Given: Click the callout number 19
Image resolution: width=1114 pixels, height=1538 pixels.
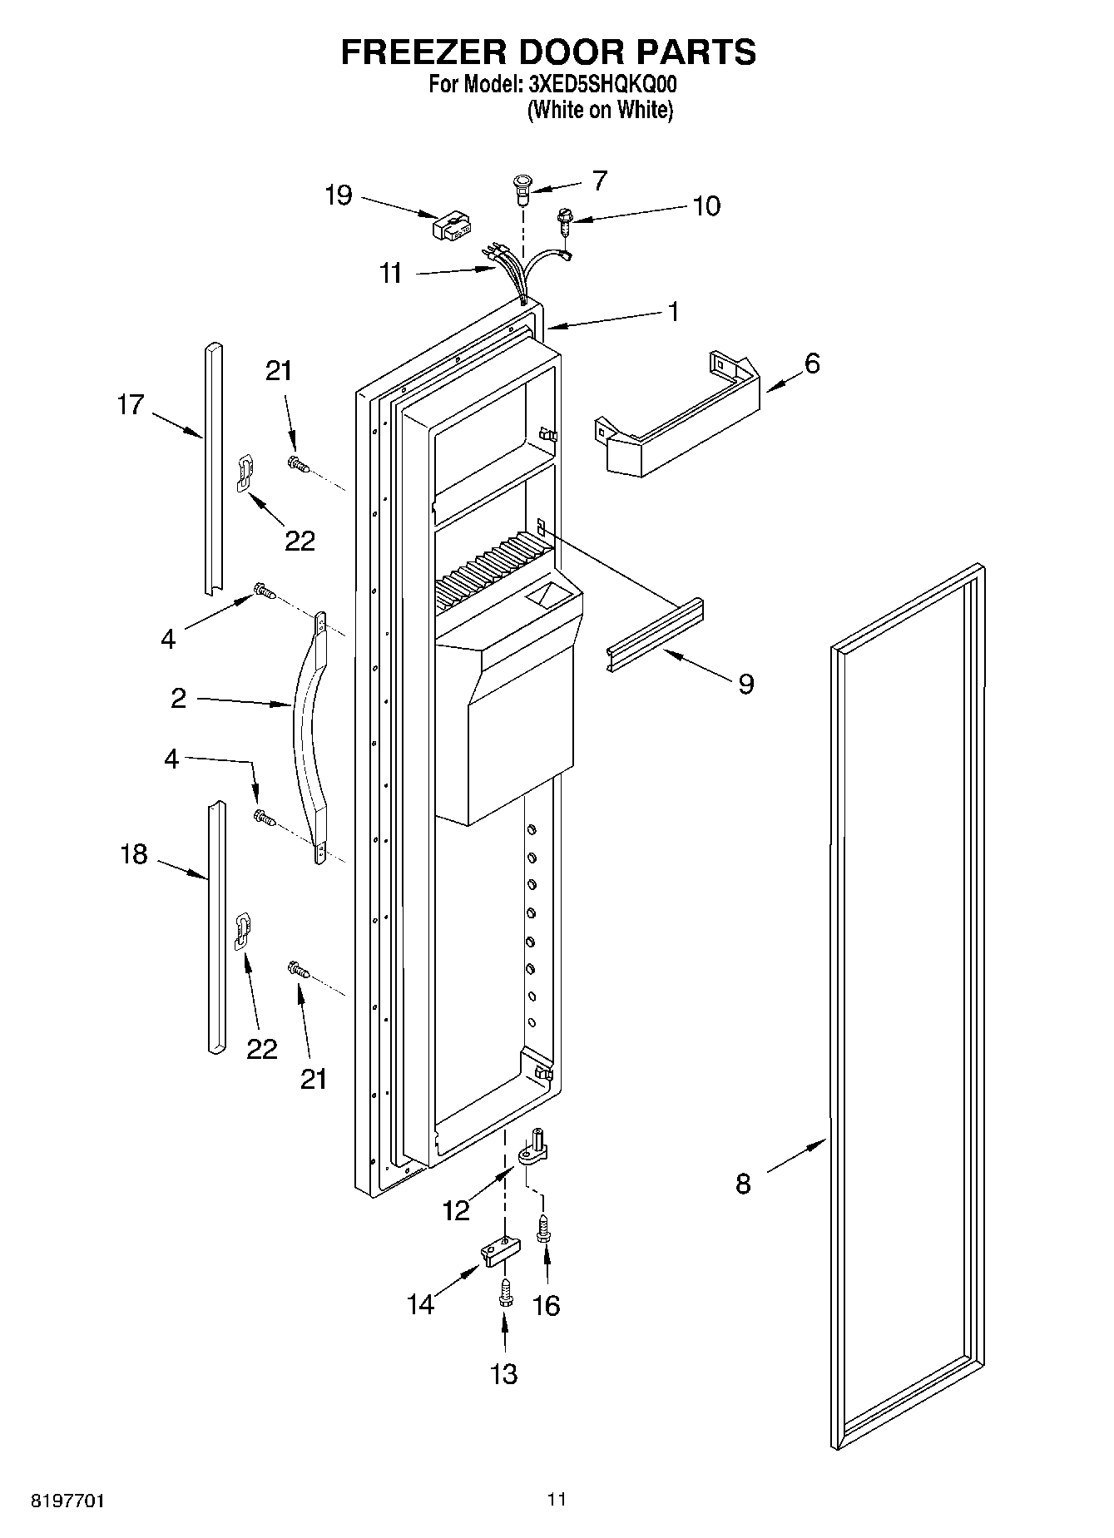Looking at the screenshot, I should click(x=339, y=196).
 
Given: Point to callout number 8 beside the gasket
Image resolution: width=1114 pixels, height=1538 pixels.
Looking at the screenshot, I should click(x=743, y=1183).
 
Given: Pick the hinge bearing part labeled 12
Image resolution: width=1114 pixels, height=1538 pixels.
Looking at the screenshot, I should click(x=533, y=1151).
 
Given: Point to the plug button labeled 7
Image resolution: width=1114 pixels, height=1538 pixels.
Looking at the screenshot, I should click(x=522, y=190).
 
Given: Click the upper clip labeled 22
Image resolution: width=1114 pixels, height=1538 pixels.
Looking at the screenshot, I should click(x=244, y=472).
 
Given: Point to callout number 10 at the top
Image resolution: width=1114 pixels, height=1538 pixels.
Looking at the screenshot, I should click(x=706, y=205).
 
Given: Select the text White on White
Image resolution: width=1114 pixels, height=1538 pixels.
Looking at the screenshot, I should click(x=599, y=110).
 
